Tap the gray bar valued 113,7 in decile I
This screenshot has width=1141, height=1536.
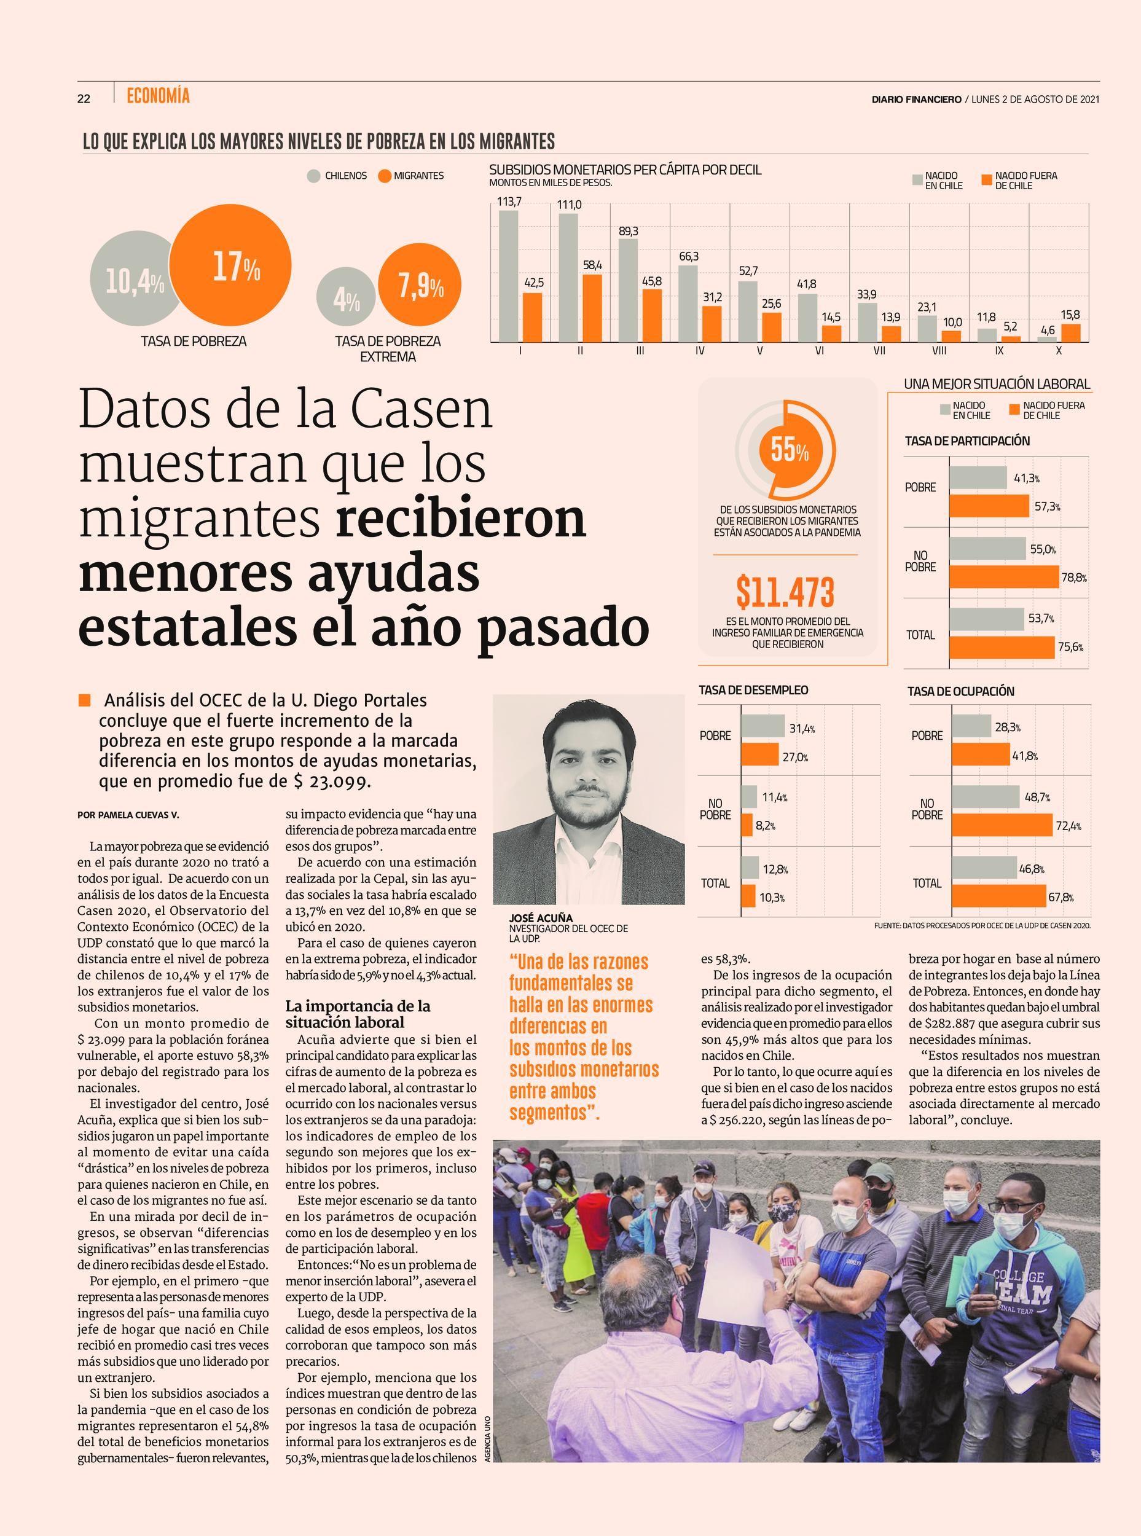coord(508,276)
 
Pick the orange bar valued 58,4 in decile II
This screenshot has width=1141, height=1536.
coord(592,308)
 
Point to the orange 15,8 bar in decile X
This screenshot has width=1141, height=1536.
coord(1070,333)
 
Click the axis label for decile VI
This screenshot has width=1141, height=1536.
coord(819,351)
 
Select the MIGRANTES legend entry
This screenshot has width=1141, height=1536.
coord(411,176)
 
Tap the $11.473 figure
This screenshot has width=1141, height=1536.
coord(785,592)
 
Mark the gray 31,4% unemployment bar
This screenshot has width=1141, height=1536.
coord(763,726)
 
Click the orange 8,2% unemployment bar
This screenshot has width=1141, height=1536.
coord(747,825)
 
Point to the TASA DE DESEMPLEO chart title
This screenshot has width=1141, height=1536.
coord(753,690)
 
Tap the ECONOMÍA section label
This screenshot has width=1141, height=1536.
coord(158,96)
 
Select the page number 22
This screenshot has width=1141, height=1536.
coord(84,99)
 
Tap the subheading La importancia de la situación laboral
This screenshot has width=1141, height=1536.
coord(358,1014)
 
